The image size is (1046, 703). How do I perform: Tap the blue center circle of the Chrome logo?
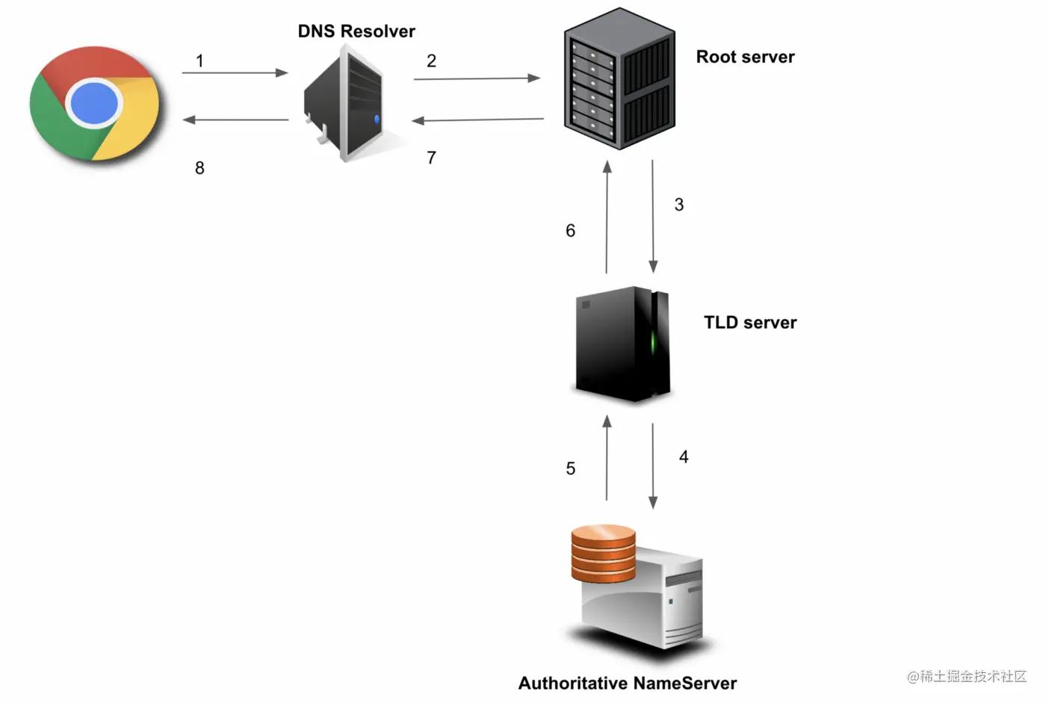pyautogui.click(x=94, y=102)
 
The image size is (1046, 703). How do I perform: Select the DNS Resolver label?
pyautogui.click(x=356, y=31)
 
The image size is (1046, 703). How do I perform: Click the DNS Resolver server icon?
pyautogui.click(x=345, y=103)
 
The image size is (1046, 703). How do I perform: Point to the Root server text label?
pyautogui.click(x=745, y=57)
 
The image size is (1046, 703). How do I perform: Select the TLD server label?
pyautogui.click(x=750, y=323)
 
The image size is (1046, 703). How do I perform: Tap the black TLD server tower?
pyautogui.click(x=622, y=344)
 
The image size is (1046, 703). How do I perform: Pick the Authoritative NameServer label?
pyautogui.click(x=628, y=683)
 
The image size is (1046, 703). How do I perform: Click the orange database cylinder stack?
pyautogui.click(x=603, y=554)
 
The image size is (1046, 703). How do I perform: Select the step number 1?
pyautogui.click(x=199, y=61)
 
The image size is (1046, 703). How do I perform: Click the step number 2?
pyautogui.click(x=431, y=61)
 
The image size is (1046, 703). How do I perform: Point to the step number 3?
pyautogui.click(x=679, y=205)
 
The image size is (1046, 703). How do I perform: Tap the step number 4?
pyautogui.click(x=684, y=456)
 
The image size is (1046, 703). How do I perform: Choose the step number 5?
pyautogui.click(x=571, y=468)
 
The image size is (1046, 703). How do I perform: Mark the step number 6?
pyautogui.click(x=571, y=231)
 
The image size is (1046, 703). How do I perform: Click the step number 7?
pyautogui.click(x=431, y=158)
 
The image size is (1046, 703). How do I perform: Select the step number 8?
pyautogui.click(x=199, y=168)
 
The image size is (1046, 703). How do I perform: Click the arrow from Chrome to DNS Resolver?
pyautogui.click(x=235, y=73)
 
